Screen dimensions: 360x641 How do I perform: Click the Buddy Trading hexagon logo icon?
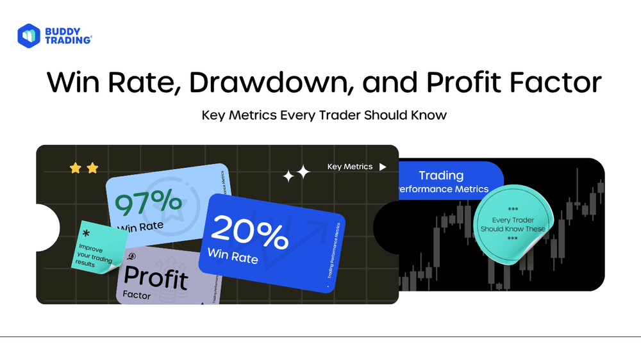tap(29, 35)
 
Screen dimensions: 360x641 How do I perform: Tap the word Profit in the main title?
tap(454, 83)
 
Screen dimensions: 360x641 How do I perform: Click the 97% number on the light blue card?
tap(149, 203)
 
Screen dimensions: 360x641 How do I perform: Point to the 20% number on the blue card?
tap(249, 233)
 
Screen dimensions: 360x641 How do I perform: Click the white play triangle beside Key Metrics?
tap(383, 167)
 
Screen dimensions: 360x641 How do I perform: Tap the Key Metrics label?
tap(349, 167)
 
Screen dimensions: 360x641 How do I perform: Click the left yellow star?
tap(76, 168)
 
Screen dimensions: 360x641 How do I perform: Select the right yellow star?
tap(92, 168)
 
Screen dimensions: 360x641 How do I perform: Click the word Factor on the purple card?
tap(137, 296)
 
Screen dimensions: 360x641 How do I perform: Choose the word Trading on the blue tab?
tap(440, 175)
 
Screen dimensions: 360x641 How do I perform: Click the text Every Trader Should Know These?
tap(513, 224)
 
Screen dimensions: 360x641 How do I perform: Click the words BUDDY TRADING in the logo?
tap(68, 35)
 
